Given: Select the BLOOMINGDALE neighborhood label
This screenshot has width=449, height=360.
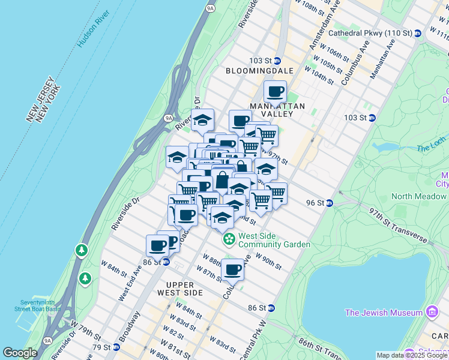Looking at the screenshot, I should point(259,71).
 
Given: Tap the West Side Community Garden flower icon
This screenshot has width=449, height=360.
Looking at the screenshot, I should point(229,239).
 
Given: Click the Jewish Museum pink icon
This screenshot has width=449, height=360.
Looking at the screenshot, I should point(431,312).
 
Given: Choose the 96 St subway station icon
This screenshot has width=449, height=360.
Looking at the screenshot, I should point(330,203).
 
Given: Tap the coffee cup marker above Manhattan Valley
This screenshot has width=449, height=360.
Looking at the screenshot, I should point(275,92).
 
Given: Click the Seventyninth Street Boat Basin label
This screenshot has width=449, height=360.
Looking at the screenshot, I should point(37,305).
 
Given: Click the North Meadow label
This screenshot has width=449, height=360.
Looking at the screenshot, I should point(418,196).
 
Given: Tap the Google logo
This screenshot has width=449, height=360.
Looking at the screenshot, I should point(19,353).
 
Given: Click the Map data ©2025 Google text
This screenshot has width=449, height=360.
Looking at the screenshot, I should point(411,355).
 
